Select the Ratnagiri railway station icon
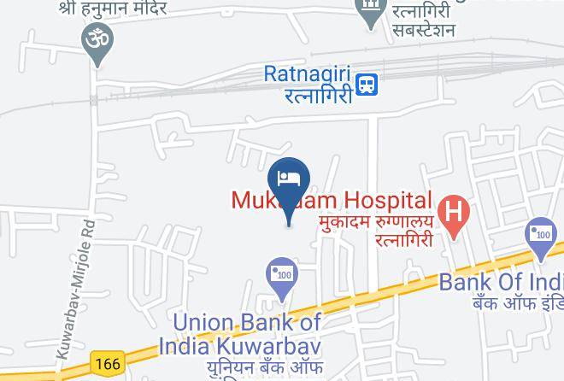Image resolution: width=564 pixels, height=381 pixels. pos(367,84)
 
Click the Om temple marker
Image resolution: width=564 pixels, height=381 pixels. pos(96,41)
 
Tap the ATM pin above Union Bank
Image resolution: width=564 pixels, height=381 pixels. pos(281,275)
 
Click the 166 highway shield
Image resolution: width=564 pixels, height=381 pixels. pos(109,363)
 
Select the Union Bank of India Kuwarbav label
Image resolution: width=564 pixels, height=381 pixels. pos(247,334)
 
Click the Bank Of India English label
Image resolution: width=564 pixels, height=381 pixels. pos(501,282)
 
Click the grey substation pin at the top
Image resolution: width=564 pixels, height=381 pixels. pos(370,10)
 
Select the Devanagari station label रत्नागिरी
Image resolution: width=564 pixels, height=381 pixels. pos(319,96)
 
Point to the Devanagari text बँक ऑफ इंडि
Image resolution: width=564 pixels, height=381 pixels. pos(516,303)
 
